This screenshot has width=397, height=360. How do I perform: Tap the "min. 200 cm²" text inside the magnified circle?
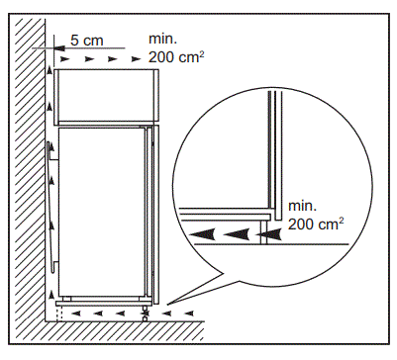[316, 216]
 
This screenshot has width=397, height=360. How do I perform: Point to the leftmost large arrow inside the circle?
[203, 234]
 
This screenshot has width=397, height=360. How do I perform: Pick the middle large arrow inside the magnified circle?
[235, 234]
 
